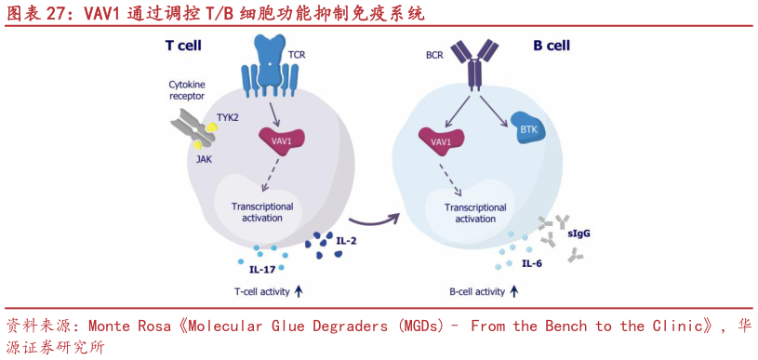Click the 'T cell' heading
(183, 45)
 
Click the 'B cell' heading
(551, 45)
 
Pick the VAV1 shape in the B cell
(441, 140)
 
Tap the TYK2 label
(229, 118)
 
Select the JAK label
(203, 159)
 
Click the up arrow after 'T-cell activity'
(299, 291)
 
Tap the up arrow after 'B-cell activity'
(514, 291)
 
